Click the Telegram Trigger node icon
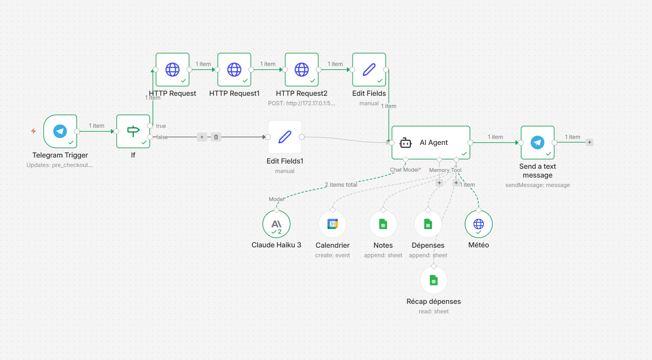tap(60, 131)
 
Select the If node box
tap(133, 131)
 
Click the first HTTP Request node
tap(172, 69)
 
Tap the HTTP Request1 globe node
tap(234, 69)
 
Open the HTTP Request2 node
tap(302, 69)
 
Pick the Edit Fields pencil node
tap(369, 69)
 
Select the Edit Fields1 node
tap(285, 137)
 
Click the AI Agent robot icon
tap(406, 142)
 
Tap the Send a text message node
tap(538, 142)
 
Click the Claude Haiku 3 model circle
tap(276, 224)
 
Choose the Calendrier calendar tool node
tap(332, 224)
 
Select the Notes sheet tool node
tap(383, 224)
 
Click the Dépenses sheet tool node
tap(428, 224)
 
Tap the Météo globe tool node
tap(479, 224)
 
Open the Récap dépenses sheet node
tap(434, 280)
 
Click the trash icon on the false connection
tap(216, 137)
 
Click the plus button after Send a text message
tap(590, 142)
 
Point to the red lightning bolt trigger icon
tap(33, 131)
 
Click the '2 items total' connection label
tap(341, 185)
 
